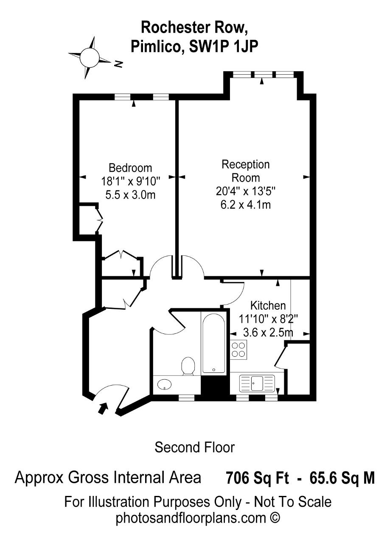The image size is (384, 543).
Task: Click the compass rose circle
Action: coord(89,57)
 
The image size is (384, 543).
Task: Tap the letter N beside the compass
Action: coord(118,64)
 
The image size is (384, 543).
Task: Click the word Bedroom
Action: coord(130,168)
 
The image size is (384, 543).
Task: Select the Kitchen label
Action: coord(268,305)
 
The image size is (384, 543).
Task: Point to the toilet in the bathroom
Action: coord(188,366)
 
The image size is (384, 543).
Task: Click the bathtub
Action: coord(213,344)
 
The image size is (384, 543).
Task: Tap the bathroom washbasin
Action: coord(164,384)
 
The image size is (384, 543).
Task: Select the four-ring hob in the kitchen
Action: coord(238,349)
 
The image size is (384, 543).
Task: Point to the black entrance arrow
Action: coord(103,409)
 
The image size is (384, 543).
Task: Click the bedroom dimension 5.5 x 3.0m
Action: coord(130,195)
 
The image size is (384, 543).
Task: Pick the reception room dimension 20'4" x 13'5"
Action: coord(246,191)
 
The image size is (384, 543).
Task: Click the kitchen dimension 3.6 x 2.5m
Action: coord(268,333)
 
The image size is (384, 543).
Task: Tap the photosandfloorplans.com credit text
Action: coord(198,518)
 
